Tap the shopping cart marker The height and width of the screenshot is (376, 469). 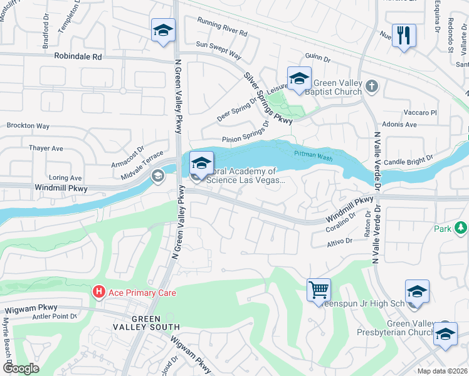[x=319, y=290]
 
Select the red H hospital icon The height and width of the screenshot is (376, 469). [x=98, y=292]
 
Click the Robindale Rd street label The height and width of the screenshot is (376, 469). [x=78, y=56]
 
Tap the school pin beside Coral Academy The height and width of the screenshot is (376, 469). [x=201, y=164]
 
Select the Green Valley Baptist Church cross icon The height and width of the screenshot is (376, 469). [x=371, y=86]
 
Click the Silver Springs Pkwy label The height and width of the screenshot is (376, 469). [x=268, y=97]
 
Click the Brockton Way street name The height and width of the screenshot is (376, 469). [x=28, y=126]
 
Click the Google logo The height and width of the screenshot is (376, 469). [x=20, y=368]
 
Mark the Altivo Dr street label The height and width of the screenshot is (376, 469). [x=341, y=242]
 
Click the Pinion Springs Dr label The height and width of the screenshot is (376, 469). [x=245, y=140]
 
